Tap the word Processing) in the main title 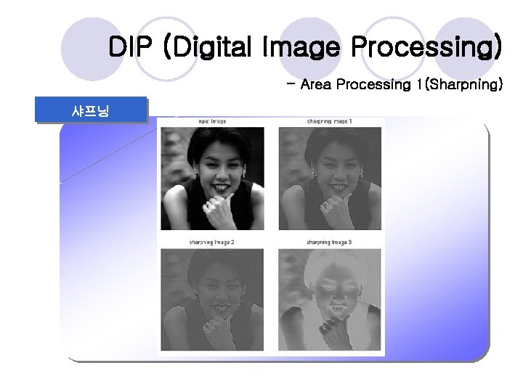426,49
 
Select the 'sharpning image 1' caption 329,121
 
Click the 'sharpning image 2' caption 211,242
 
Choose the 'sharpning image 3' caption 329,242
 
